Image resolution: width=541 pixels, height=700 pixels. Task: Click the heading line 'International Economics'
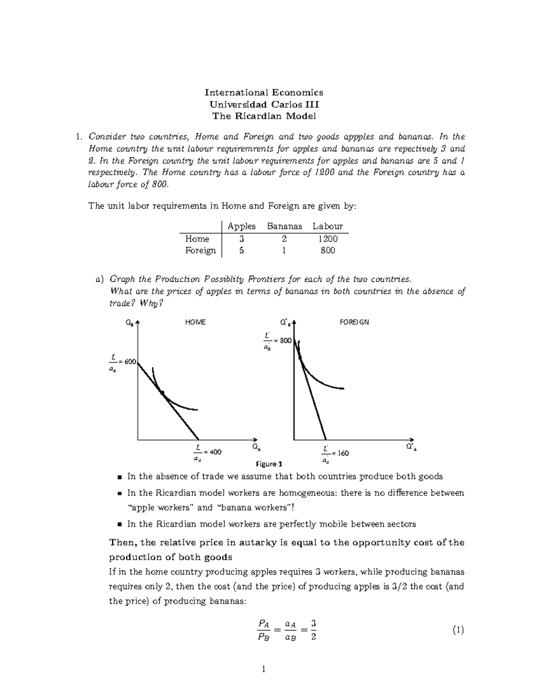(264, 92)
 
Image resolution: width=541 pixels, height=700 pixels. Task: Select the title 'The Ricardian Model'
(264, 116)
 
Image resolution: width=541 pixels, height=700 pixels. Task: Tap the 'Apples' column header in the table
(242, 226)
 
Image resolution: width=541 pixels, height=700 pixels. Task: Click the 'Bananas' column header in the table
(284, 226)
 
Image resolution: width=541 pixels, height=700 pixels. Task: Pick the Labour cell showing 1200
(327, 239)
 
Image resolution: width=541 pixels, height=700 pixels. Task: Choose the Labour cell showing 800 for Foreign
(327, 251)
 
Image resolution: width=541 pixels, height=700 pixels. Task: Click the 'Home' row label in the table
(197, 239)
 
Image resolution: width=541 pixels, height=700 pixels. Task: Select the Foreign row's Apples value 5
(242, 251)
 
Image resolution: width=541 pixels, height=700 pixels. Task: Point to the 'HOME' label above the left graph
(195, 322)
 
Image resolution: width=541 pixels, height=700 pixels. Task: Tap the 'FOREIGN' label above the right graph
(354, 322)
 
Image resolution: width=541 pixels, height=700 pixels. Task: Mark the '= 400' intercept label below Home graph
(212, 452)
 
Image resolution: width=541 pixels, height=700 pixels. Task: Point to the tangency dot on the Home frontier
(162, 393)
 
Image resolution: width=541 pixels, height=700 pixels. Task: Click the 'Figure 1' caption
(269, 464)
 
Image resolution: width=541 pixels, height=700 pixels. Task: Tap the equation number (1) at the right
(458, 630)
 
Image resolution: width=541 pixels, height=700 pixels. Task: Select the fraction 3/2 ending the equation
(313, 630)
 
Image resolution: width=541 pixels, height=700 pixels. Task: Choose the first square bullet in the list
(119, 477)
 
